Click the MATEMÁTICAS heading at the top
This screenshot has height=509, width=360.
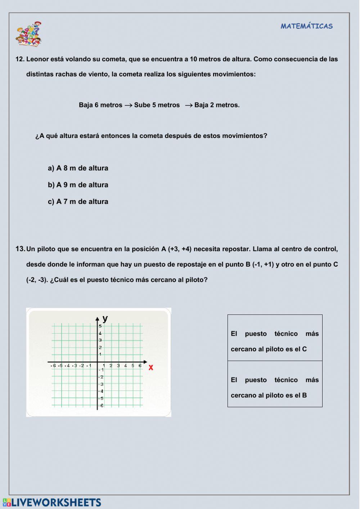(x=307, y=26)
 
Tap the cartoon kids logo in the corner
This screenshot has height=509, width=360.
(x=29, y=34)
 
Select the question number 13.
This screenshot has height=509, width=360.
(x=20, y=249)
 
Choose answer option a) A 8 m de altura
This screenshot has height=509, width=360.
(x=78, y=168)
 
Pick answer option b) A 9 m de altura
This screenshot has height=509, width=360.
(x=78, y=185)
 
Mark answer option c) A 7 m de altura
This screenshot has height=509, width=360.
(x=78, y=202)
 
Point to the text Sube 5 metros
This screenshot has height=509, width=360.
(x=157, y=105)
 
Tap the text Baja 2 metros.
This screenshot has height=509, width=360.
(x=217, y=105)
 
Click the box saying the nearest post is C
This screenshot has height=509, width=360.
(x=275, y=338)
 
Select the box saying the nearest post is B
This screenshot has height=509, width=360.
(x=275, y=384)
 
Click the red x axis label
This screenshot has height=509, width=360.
(x=151, y=367)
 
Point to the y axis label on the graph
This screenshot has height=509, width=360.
(x=105, y=318)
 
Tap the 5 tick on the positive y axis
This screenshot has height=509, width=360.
(x=100, y=326)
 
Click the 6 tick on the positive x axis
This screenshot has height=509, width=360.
(x=140, y=366)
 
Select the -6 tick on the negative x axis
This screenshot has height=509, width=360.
(x=54, y=366)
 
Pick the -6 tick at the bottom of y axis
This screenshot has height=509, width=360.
(x=102, y=406)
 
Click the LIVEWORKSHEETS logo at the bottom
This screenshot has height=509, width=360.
(x=52, y=503)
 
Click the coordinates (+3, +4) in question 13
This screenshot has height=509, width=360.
(x=180, y=249)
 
